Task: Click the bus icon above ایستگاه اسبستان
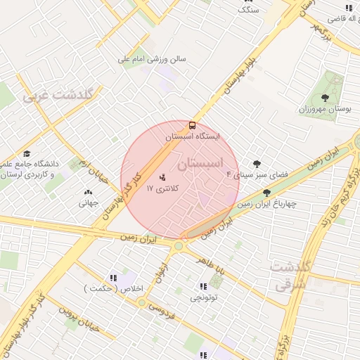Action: (x=193, y=125)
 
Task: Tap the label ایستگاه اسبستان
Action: (x=192, y=137)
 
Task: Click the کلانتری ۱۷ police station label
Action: (x=162, y=188)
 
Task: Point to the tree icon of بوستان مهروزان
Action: (x=324, y=98)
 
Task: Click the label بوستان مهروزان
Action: (x=324, y=110)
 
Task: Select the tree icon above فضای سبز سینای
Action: (x=257, y=164)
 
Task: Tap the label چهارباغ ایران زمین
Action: (x=266, y=204)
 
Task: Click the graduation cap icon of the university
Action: (x=27, y=153)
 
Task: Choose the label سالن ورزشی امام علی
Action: (x=152, y=60)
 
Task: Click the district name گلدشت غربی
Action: (x=63, y=94)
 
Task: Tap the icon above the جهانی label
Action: (x=89, y=192)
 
